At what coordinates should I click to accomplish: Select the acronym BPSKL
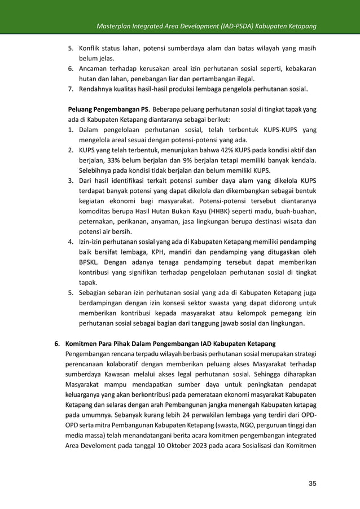91,262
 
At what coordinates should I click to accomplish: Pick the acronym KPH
144,252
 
